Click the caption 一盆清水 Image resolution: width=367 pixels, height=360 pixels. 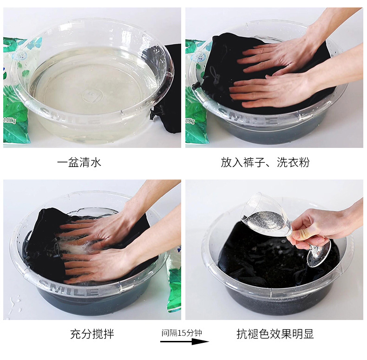(x=79, y=162)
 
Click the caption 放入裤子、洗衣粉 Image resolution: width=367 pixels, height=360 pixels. (x=265, y=162)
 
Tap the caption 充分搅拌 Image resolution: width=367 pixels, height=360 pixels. (x=92, y=334)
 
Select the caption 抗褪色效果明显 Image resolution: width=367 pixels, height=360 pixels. (x=275, y=334)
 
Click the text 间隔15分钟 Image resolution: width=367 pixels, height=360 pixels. (x=181, y=333)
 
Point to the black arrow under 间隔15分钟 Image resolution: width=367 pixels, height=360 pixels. (x=184, y=342)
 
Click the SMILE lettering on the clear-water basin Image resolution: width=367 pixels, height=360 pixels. (x=70, y=115)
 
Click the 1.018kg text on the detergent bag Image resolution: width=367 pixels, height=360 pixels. (x=10, y=120)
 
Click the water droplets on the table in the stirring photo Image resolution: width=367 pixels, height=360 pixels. (x=14, y=304)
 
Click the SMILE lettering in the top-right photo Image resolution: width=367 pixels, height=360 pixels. (x=248, y=117)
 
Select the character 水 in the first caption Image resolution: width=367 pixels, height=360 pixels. (x=96, y=162)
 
